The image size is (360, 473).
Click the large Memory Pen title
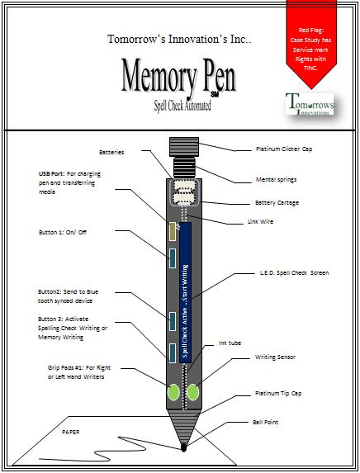[179, 77]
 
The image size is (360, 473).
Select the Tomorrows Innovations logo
[308, 106]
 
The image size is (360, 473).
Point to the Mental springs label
[277, 178]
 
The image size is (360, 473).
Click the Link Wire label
[263, 221]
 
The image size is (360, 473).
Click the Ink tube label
[230, 342]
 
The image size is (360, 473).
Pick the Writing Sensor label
[277, 358]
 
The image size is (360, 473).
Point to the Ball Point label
[268, 422]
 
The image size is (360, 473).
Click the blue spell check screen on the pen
[185, 297]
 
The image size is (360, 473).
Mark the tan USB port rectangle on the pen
[173, 231]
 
